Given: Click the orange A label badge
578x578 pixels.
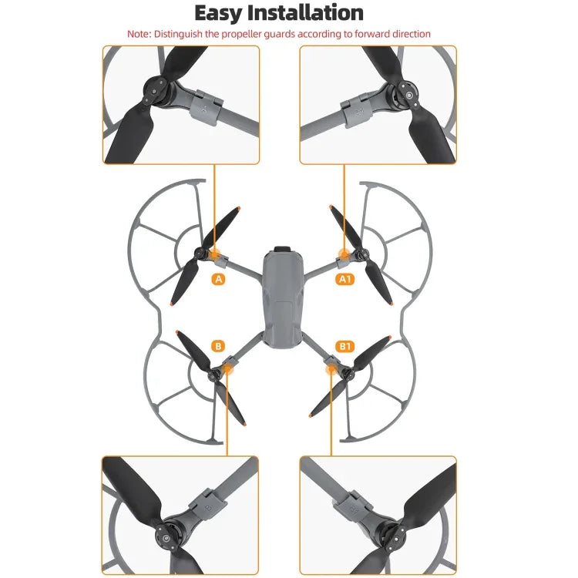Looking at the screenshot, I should [x=219, y=280].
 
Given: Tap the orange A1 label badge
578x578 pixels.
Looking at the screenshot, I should [x=345, y=280].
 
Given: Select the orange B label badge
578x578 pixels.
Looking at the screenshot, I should [x=219, y=346].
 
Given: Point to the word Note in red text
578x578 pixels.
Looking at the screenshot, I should [x=139, y=34].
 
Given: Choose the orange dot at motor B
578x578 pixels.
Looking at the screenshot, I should [x=228, y=371].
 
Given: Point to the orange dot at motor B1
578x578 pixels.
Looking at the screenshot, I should [x=332, y=371].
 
